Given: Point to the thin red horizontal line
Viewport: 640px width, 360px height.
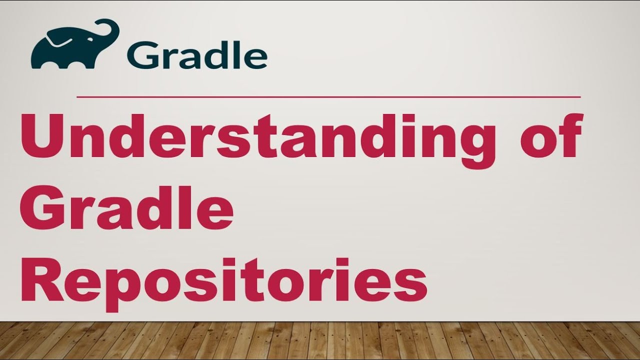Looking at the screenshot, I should coord(328,97).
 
